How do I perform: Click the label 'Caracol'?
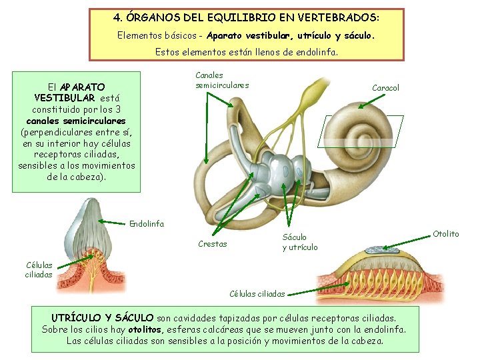385,87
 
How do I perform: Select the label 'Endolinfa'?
146,223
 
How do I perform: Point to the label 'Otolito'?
445,233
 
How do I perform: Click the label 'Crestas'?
212,244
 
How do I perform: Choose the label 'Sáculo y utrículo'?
299,242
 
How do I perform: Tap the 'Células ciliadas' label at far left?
38,269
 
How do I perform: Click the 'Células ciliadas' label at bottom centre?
257,293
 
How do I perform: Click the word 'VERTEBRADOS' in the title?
340,15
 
